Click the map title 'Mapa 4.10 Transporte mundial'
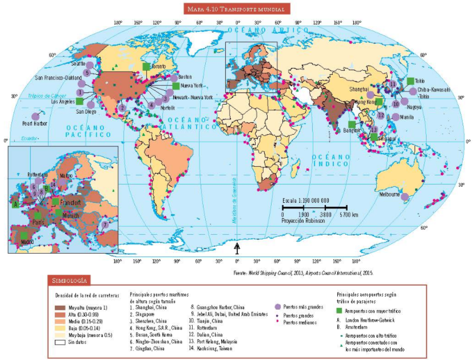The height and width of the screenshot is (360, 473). (x=236, y=9)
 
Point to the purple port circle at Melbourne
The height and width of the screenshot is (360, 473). (x=404, y=197)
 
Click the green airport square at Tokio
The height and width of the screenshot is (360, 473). (x=410, y=81)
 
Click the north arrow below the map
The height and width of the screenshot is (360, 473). (x=237, y=247)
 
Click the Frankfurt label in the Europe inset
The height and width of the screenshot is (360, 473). (x=69, y=203)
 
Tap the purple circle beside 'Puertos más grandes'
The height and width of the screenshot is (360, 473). (x=278, y=307)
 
